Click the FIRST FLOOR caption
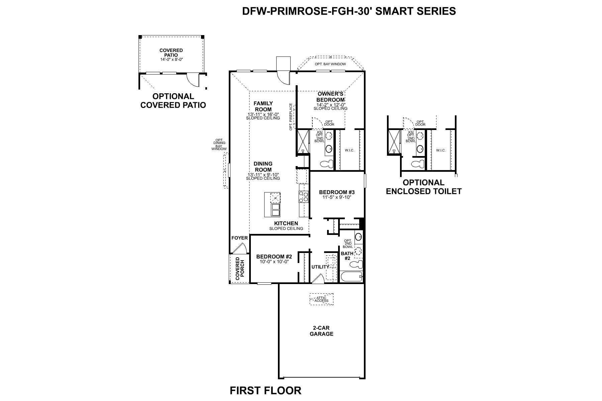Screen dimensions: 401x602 point(266,390)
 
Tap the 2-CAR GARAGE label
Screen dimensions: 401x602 point(321,331)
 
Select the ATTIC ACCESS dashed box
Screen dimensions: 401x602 point(321,299)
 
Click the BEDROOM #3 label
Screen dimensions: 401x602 point(336,192)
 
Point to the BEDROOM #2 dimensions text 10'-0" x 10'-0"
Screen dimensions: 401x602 point(274,262)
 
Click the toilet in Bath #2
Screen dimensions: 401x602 point(356,265)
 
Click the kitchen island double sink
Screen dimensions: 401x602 point(276,211)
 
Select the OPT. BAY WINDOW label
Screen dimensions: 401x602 point(330,64)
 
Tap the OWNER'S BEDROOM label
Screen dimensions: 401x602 point(330,97)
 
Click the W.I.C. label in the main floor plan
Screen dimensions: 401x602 point(349,150)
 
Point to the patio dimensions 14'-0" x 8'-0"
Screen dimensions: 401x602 point(171,59)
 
